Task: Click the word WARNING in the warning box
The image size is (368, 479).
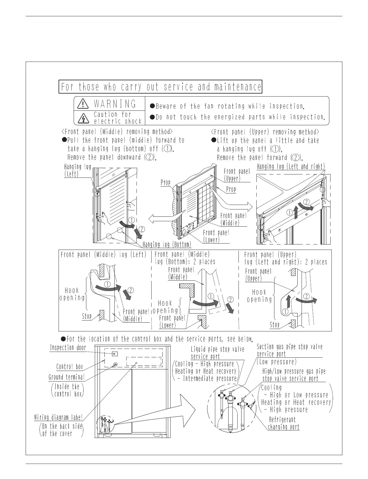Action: click(115, 104)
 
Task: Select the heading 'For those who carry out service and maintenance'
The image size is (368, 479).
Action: click(161, 87)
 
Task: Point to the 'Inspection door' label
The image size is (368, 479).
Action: click(68, 348)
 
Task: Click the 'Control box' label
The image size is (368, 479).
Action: click(69, 367)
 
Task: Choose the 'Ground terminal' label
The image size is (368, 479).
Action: click(66, 377)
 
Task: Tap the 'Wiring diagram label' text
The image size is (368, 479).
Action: click(58, 417)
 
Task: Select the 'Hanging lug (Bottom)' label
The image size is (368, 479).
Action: click(167, 244)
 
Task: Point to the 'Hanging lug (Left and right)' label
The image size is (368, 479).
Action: click(291, 167)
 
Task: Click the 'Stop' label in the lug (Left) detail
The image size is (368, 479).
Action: click(87, 316)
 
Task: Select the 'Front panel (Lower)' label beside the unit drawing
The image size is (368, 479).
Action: click(216, 236)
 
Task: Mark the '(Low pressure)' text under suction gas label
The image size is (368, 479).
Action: click(277, 362)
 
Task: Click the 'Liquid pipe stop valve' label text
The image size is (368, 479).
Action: click(217, 350)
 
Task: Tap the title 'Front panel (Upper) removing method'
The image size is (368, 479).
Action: click(265, 132)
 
